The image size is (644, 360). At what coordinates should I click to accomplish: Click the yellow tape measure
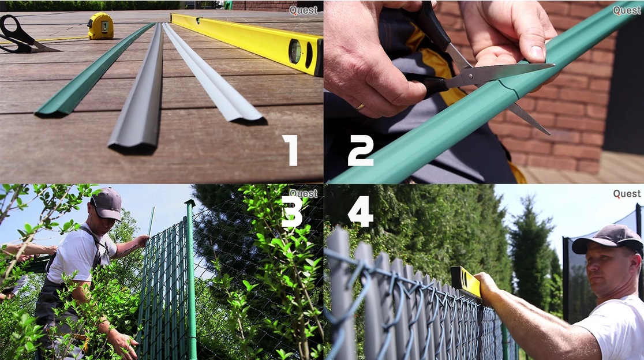(x=100, y=26)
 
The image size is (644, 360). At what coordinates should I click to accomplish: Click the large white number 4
(x=360, y=211)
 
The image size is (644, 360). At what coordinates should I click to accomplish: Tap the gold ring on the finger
(x=360, y=107)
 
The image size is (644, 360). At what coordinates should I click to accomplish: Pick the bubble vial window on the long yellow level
(x=295, y=51)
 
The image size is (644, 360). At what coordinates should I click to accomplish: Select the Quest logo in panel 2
(x=627, y=10)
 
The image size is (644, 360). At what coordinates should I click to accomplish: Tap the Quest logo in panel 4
(x=627, y=194)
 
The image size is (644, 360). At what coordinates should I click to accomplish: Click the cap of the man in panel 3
(x=107, y=204)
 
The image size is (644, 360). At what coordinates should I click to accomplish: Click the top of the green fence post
(x=189, y=203)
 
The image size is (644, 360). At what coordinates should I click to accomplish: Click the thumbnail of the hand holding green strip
(x=537, y=52)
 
